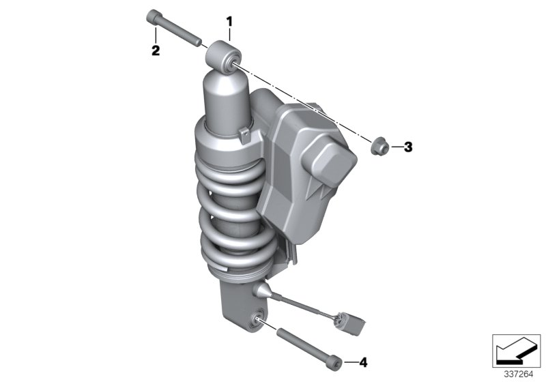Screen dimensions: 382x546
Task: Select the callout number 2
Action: tap(156, 50)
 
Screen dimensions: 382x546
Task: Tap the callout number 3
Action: tap(408, 147)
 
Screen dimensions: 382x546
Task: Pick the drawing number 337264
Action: tap(517, 374)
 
